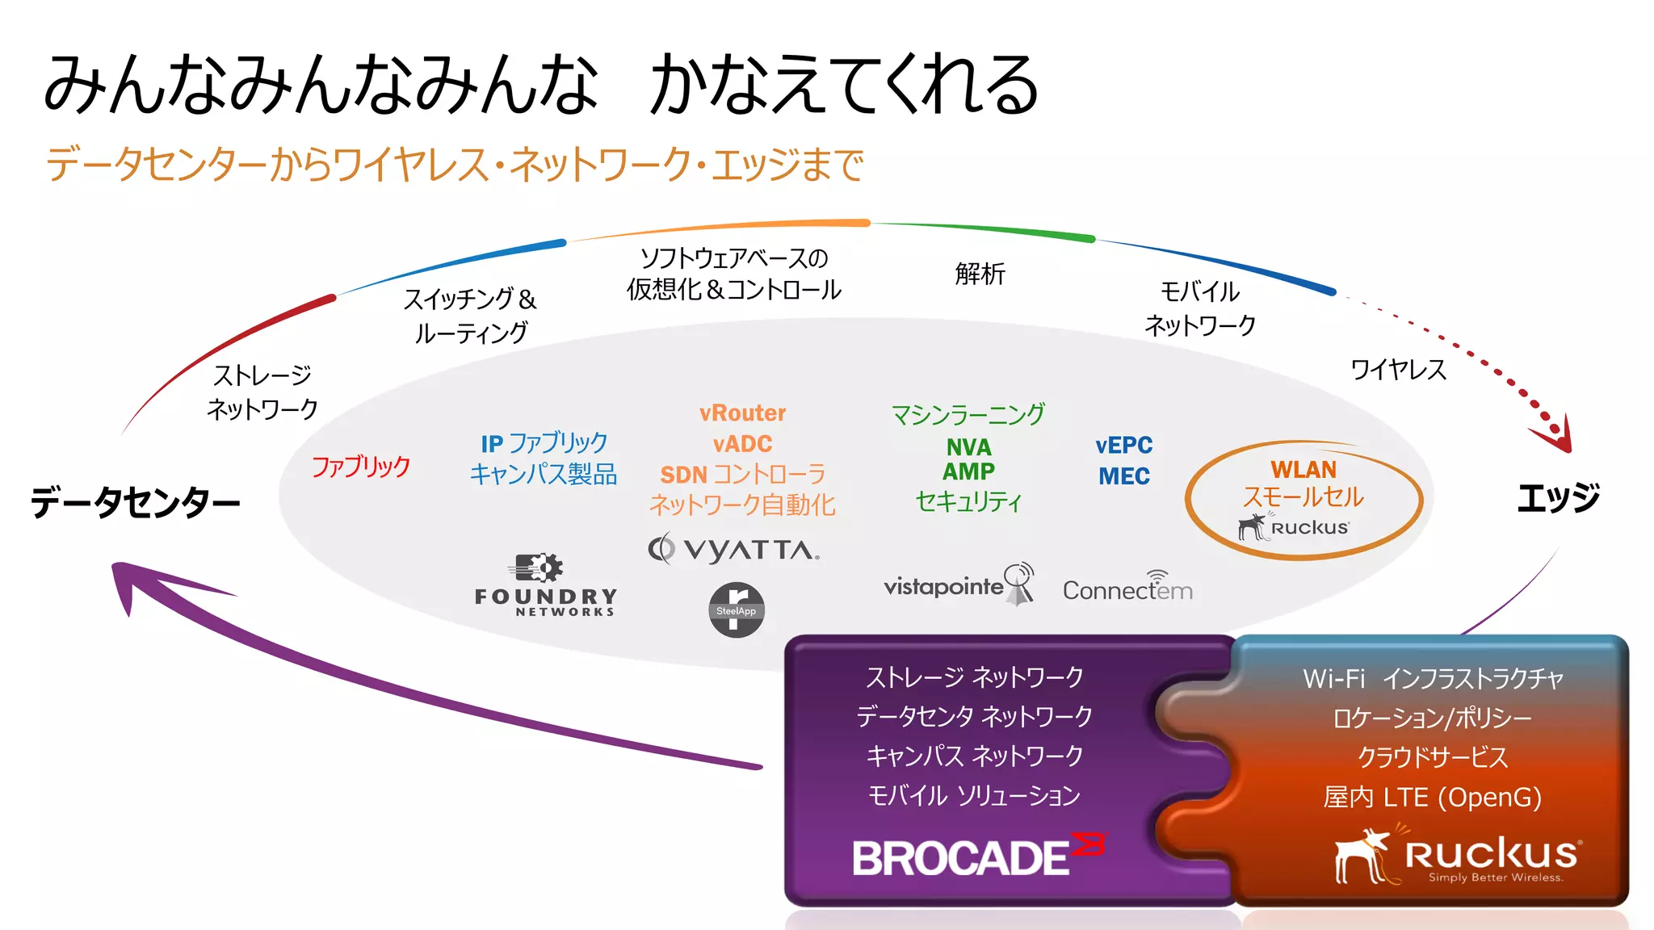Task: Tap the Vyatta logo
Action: coord(733,549)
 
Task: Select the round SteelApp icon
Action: coord(736,610)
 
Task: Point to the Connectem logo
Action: coord(1127,589)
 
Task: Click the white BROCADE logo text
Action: coord(961,857)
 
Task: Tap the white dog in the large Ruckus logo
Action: coord(1363,856)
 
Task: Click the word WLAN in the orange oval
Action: coord(1303,469)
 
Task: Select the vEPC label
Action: coord(1123,445)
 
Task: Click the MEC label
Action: coord(1123,476)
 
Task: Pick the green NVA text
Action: coord(968,447)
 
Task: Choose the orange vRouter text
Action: coord(742,413)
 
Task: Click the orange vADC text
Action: coord(742,444)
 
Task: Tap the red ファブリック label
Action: coord(361,467)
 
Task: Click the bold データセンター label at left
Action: coord(136,502)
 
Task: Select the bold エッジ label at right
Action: coord(1558,498)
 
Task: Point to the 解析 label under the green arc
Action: coord(980,274)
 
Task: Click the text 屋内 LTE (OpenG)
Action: coord(1432,798)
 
